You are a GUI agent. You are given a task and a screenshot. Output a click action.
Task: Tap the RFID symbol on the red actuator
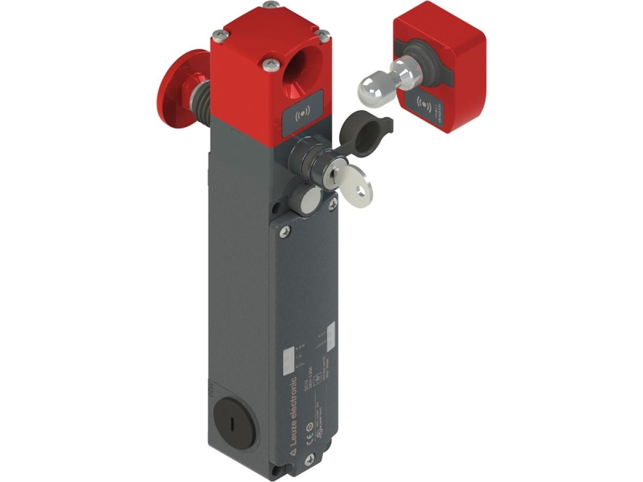[424, 101]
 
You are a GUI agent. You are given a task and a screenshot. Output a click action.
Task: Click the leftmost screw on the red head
[218, 35]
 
